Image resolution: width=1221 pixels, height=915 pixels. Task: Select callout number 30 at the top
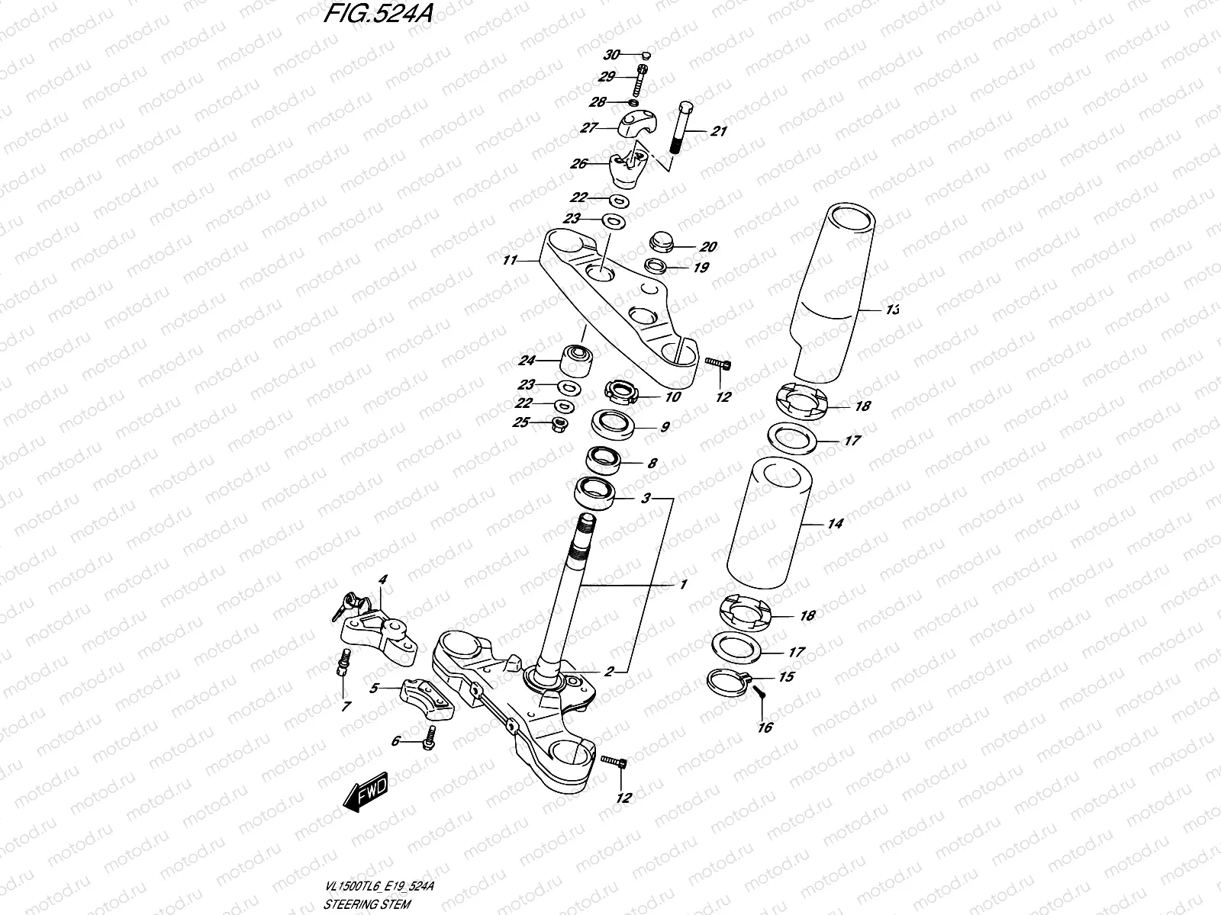612,55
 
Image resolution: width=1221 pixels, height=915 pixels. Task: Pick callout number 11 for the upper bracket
510,261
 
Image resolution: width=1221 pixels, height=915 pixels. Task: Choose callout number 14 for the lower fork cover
835,524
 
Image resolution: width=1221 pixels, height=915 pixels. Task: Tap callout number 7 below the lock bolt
346,707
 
